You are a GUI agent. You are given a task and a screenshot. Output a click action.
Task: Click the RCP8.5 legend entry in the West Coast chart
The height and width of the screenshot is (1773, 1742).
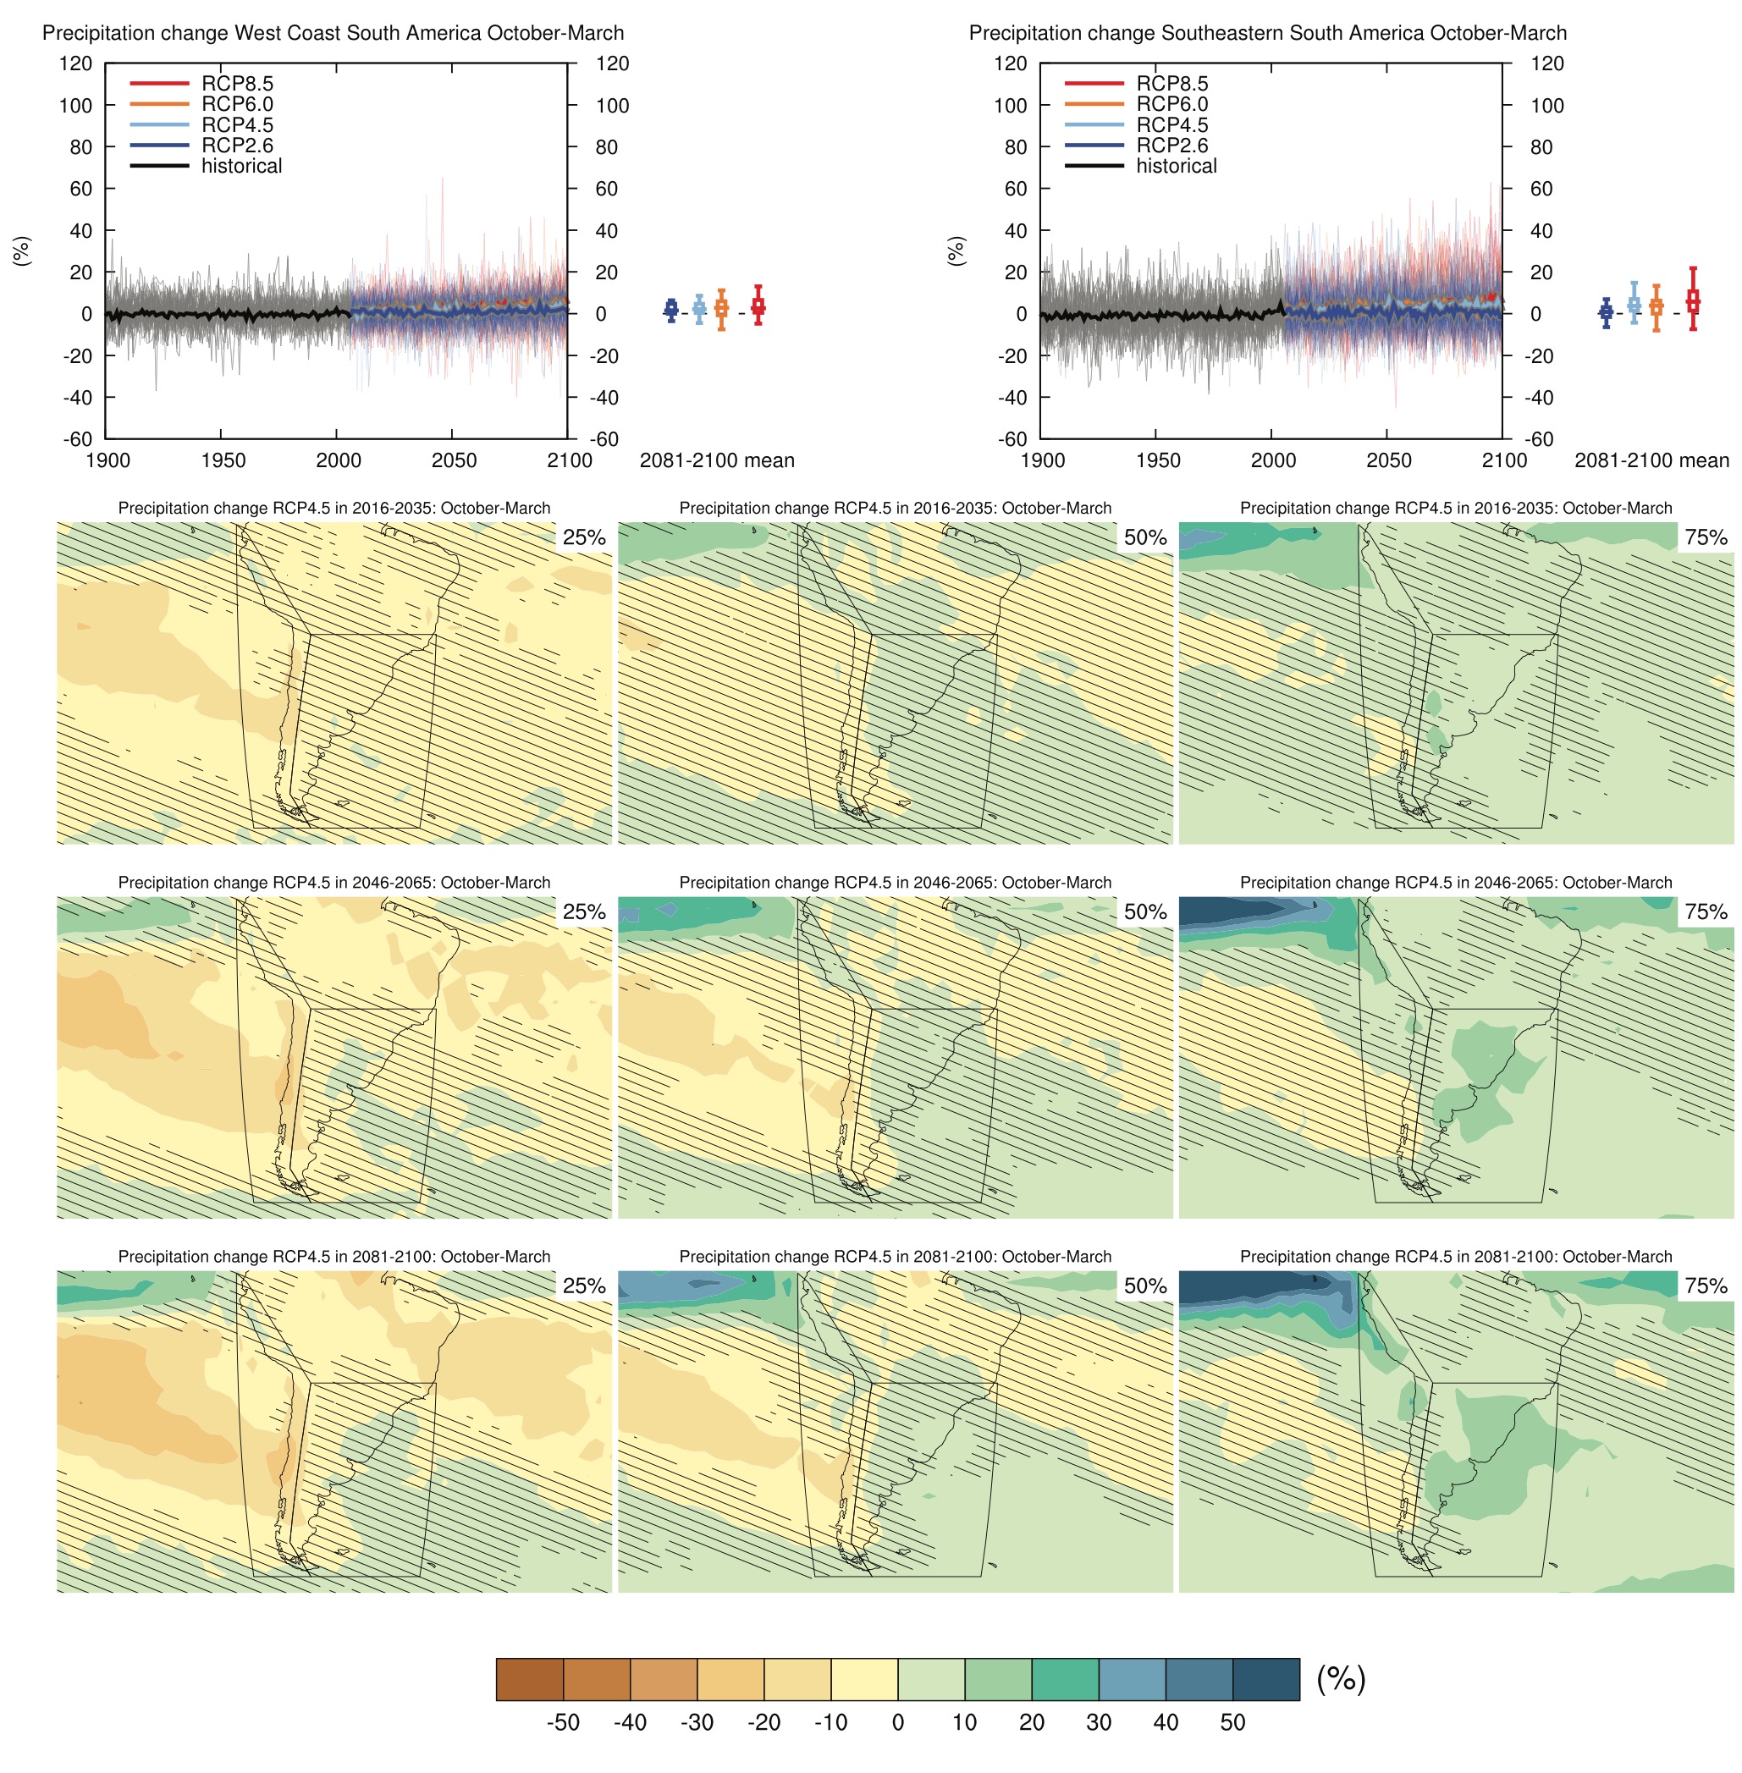(x=237, y=83)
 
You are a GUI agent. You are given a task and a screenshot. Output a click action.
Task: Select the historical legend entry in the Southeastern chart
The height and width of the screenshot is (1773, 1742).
(x=1176, y=166)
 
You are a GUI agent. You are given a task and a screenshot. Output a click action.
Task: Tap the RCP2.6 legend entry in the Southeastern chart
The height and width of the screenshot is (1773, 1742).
(x=1172, y=146)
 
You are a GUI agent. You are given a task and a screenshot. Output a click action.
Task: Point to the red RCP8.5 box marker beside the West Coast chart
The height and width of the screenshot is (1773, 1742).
(x=758, y=306)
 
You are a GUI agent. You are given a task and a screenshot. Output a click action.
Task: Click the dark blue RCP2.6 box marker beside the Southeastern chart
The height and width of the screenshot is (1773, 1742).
(x=1606, y=312)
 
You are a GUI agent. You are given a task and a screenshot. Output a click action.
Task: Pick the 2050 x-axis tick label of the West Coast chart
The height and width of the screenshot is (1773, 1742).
(x=454, y=460)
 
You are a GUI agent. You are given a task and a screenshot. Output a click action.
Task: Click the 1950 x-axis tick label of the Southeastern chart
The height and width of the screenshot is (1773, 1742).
(x=1157, y=460)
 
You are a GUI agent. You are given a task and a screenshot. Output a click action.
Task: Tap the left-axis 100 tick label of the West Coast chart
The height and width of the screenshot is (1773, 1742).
(x=76, y=105)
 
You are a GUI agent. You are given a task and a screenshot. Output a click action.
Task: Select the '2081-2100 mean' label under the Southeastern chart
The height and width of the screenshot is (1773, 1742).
(x=1651, y=460)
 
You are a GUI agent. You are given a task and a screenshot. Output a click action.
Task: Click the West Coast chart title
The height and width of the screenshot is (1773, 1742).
(x=333, y=33)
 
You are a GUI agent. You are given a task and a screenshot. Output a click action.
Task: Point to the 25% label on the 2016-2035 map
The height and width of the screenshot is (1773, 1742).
(x=584, y=537)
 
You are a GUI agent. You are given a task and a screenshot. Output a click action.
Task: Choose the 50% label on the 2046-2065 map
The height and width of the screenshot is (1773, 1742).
(x=1144, y=911)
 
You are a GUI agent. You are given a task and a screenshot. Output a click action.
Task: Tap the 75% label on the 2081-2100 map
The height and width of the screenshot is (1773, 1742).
(x=1706, y=1286)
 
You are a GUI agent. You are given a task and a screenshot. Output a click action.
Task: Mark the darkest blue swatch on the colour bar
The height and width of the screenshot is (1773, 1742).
(x=1265, y=1679)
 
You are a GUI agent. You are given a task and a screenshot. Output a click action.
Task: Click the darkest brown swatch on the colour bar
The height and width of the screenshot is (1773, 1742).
(x=530, y=1679)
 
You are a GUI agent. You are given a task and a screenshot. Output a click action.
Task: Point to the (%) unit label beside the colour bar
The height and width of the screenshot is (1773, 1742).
(x=1340, y=1679)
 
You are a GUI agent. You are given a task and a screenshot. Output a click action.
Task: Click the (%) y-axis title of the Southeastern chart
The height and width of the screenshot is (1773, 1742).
(x=957, y=251)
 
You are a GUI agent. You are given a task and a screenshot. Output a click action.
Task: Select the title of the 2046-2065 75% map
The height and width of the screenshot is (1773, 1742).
(x=1456, y=883)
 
